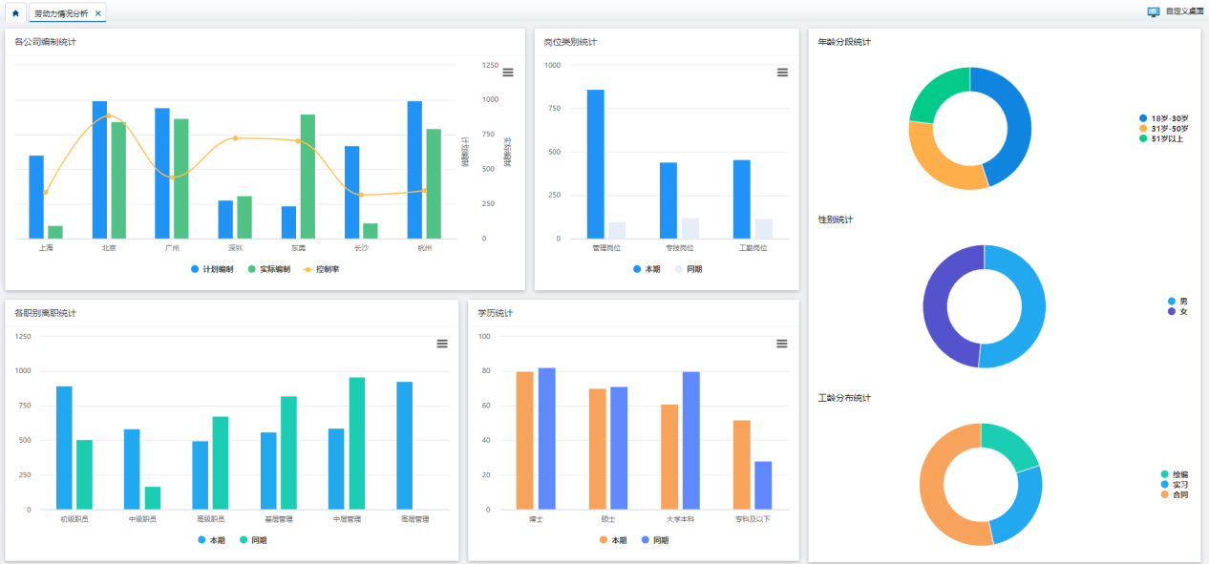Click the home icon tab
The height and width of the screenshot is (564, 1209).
tap(15, 13)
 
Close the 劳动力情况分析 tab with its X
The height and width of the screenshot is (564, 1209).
tap(98, 13)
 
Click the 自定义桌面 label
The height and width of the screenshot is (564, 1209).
tap(1182, 11)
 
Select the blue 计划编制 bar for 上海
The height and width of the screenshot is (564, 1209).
tap(36, 197)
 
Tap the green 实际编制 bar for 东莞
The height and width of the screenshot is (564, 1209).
tap(308, 177)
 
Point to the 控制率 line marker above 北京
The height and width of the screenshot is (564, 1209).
tap(109, 115)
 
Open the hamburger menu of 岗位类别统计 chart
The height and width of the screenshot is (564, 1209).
tap(782, 73)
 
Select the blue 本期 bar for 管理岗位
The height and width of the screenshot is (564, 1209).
tap(595, 164)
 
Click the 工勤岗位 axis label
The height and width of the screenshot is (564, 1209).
tap(753, 248)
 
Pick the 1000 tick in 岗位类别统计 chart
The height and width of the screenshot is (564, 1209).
tap(553, 65)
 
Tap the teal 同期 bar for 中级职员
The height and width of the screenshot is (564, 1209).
tap(153, 498)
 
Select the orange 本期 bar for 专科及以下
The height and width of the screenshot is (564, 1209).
tap(742, 465)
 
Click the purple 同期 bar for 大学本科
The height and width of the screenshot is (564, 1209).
tap(690, 441)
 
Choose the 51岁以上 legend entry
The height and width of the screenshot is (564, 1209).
tap(1166, 138)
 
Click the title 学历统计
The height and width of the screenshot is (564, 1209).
tap(496, 313)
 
